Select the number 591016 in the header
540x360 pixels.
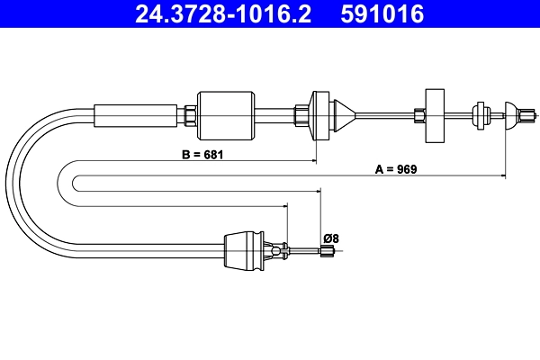[x=382, y=15]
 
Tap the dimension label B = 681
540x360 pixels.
[x=201, y=155]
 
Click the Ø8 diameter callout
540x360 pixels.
[x=330, y=238]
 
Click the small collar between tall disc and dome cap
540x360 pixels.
[x=477, y=113]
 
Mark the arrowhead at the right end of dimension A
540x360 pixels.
[x=502, y=177]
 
